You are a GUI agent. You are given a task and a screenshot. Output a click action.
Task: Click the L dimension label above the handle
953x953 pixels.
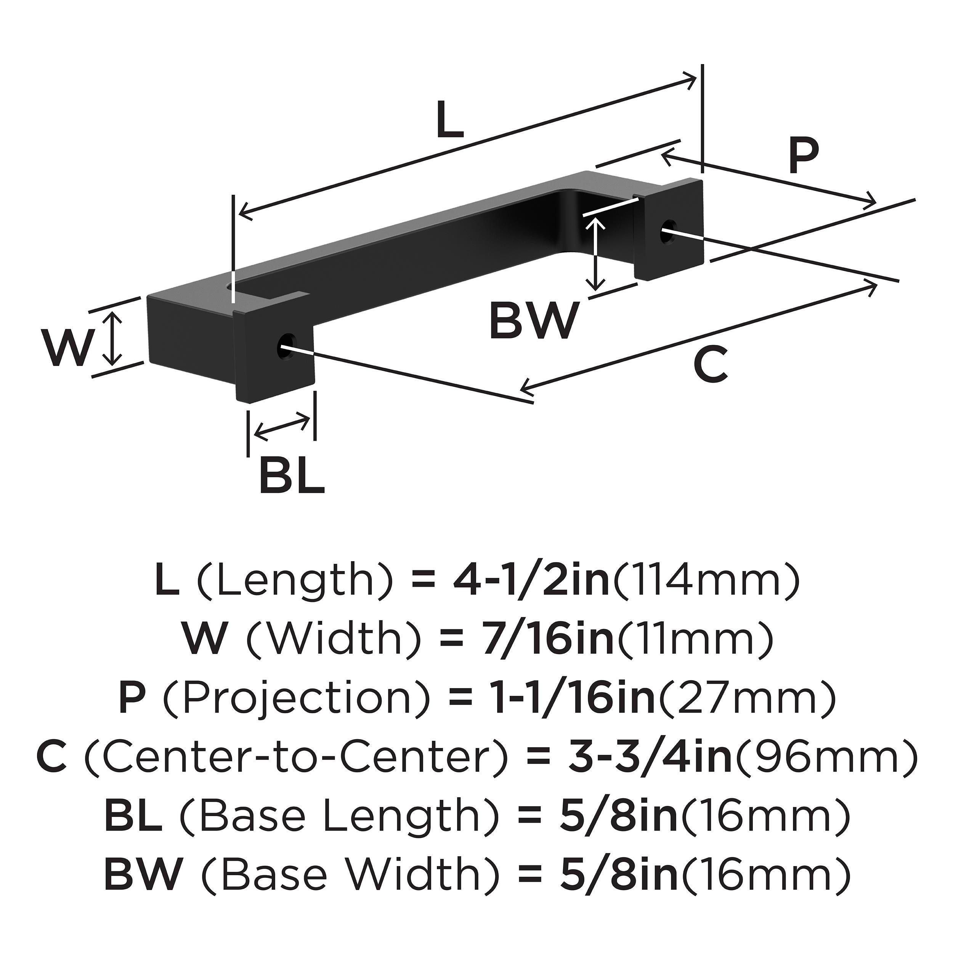[x=449, y=120]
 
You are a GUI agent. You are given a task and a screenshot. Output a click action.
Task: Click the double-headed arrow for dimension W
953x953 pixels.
[x=114, y=339]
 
